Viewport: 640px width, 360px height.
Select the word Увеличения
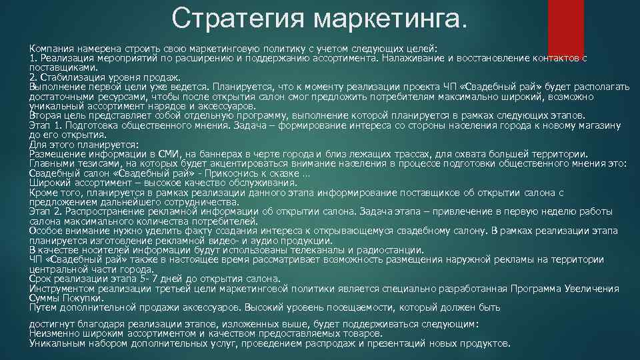(593, 288)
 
